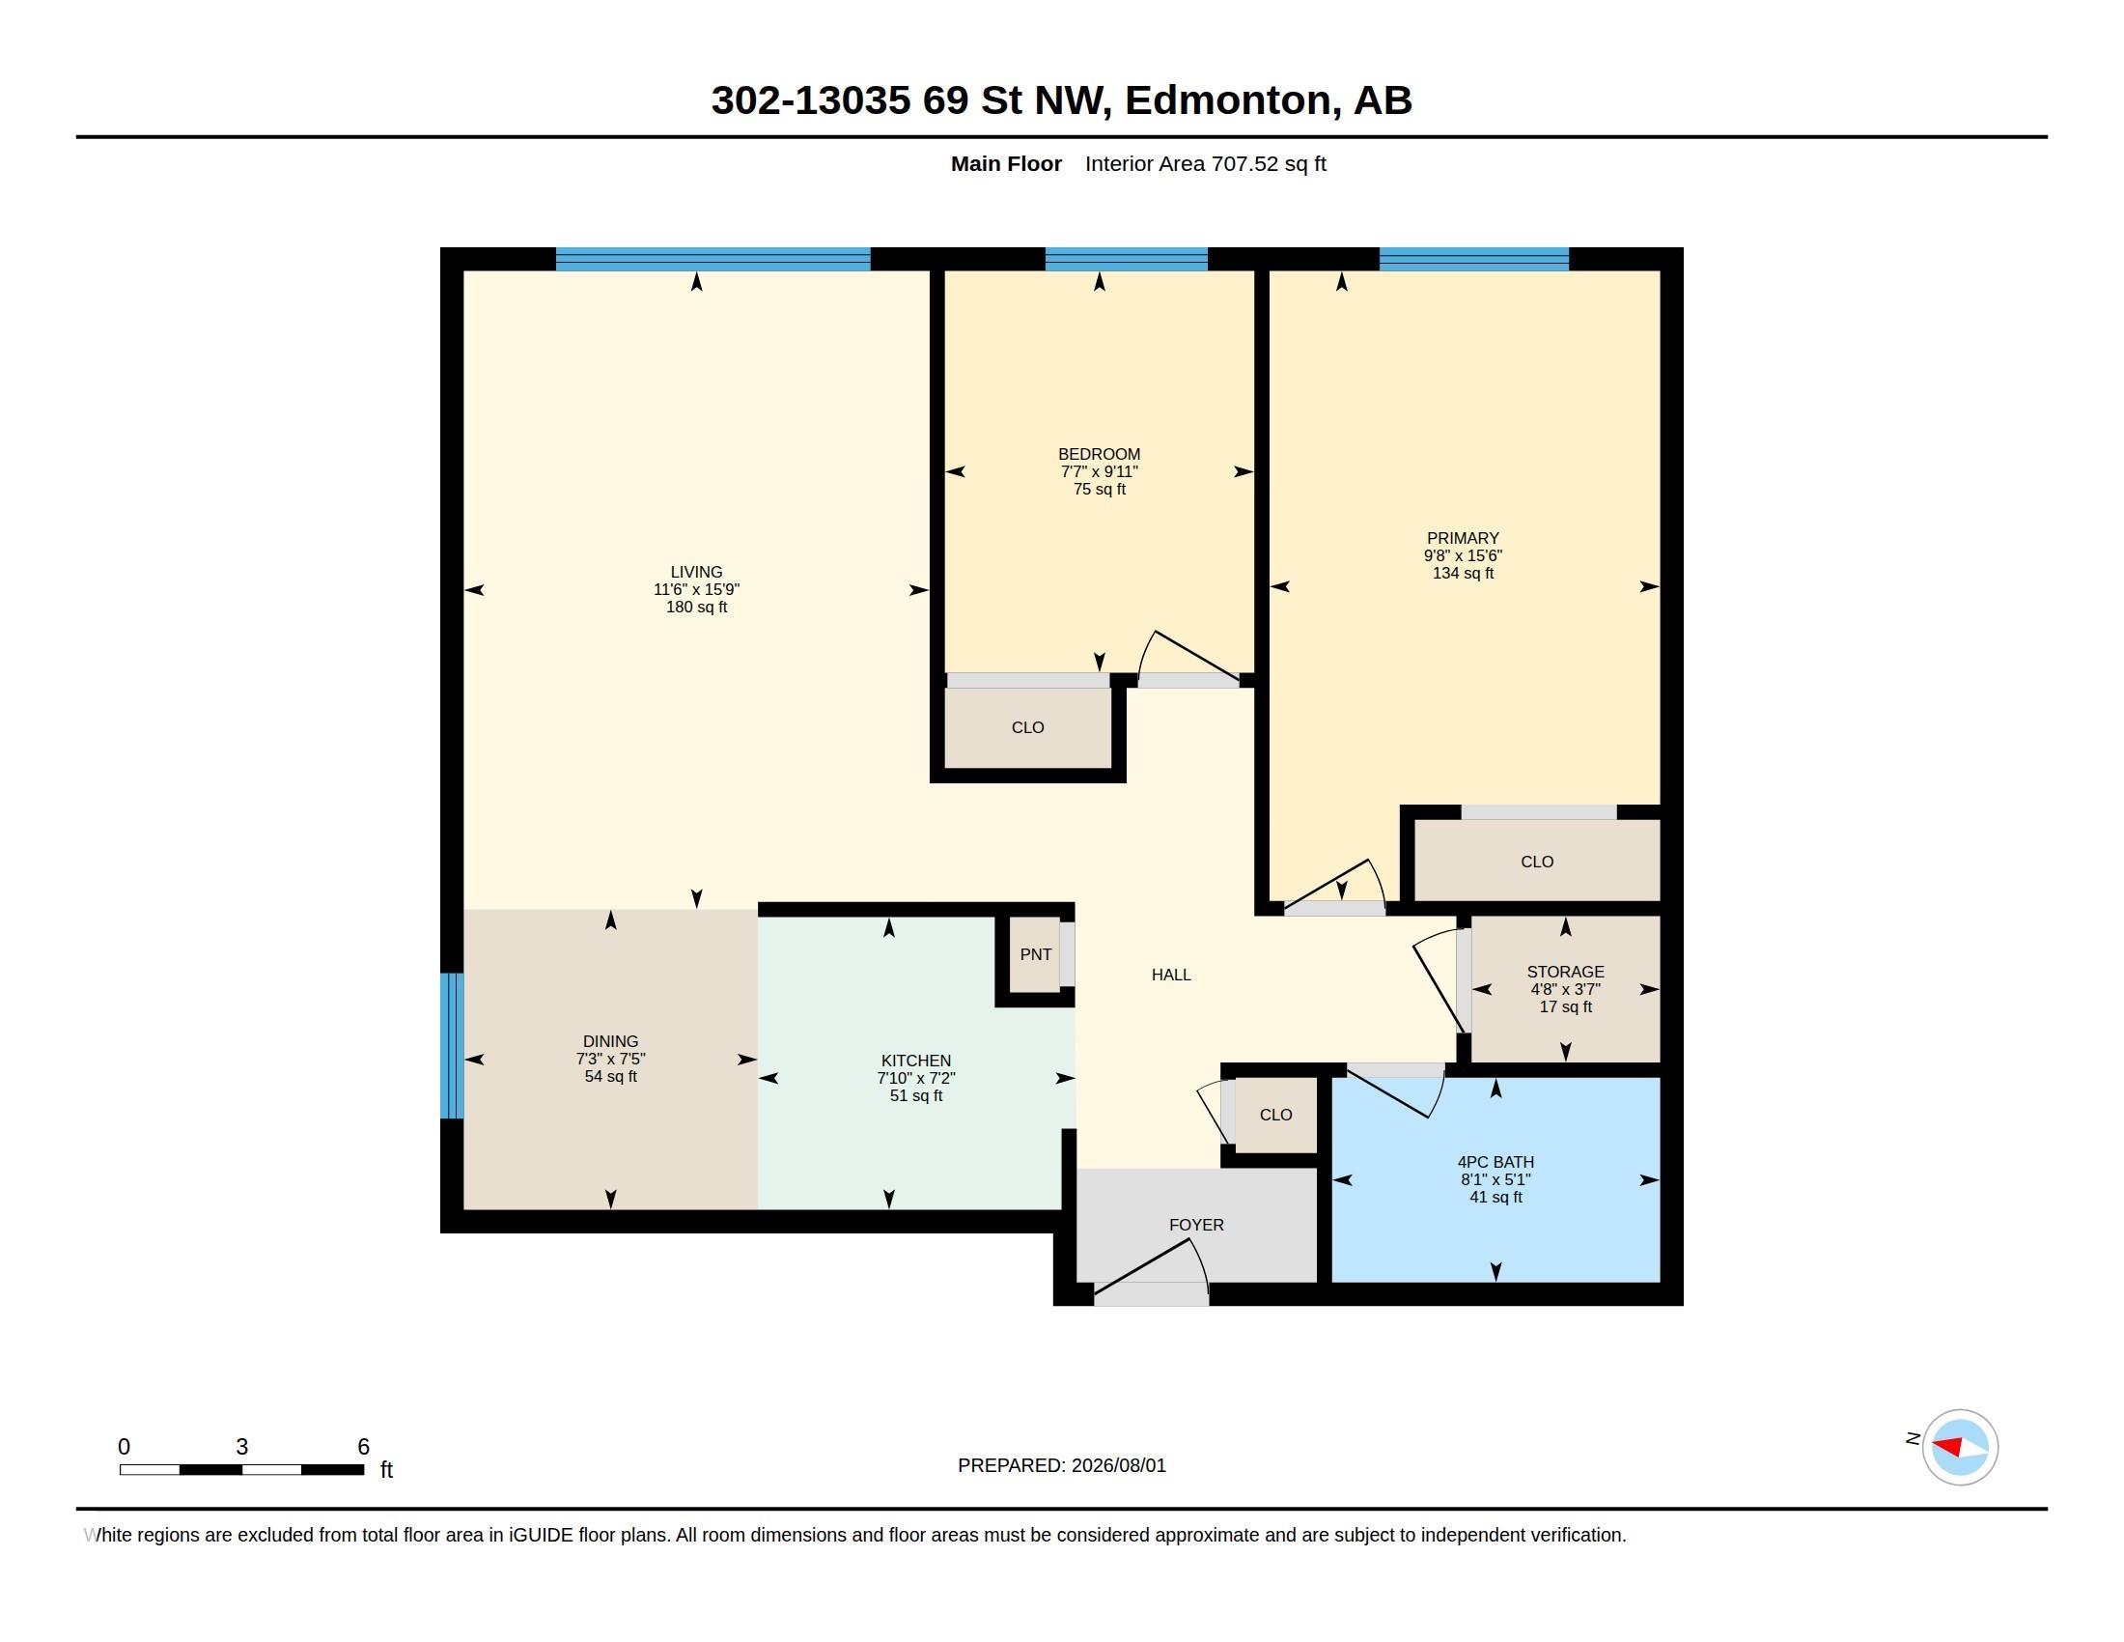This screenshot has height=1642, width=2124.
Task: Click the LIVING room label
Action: [x=696, y=572]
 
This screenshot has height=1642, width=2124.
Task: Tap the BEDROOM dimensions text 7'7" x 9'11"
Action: [x=1099, y=471]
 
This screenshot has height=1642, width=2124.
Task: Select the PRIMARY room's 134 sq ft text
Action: [x=1463, y=573]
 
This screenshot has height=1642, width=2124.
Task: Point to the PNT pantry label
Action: [x=1036, y=954]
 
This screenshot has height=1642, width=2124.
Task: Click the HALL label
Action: [x=1171, y=975]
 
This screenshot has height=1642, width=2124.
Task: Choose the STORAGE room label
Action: [x=1566, y=972]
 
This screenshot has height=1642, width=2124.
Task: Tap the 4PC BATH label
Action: [x=1495, y=1161]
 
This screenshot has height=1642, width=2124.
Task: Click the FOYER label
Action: [x=1196, y=1225]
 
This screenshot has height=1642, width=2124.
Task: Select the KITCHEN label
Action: [x=916, y=1061]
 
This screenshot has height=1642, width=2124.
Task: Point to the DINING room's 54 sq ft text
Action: [x=611, y=1077]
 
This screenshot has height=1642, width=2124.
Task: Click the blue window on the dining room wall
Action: [x=452, y=1046]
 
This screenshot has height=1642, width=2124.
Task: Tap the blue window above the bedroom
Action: [x=1126, y=259]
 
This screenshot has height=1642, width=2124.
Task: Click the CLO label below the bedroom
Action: [x=1028, y=727]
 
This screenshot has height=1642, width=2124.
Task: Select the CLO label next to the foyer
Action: [x=1276, y=1115]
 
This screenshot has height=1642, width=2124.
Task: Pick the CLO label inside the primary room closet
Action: [x=1538, y=862]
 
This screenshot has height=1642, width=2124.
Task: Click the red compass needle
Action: [x=1947, y=1446]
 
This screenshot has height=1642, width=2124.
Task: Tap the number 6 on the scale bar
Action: [x=364, y=1447]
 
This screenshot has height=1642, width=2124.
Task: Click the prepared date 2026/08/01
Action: [x=1118, y=1465]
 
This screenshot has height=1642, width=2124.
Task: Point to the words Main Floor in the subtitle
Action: [x=1007, y=163]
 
